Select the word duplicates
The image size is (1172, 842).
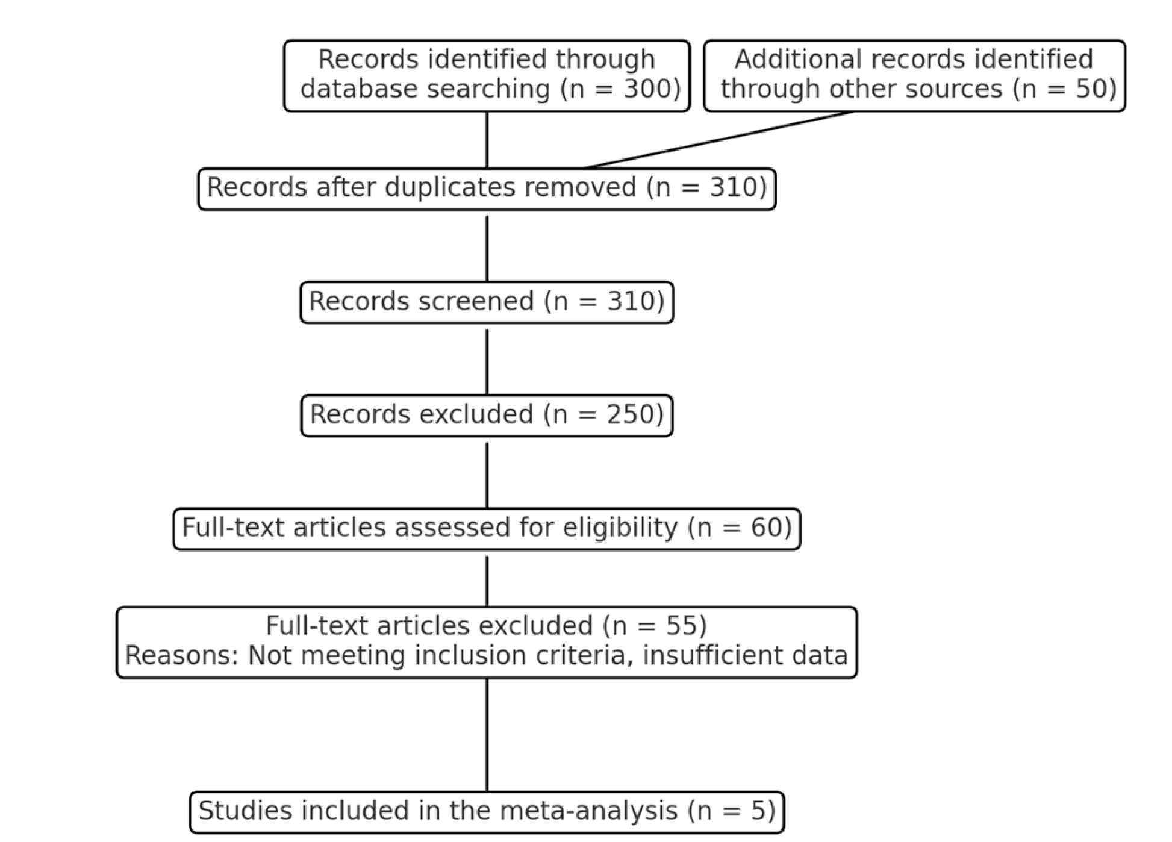click(x=450, y=187)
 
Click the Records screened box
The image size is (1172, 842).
click(x=487, y=302)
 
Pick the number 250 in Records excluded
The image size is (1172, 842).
click(x=631, y=414)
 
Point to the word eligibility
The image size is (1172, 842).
click(x=620, y=528)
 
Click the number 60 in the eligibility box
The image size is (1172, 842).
click(x=765, y=528)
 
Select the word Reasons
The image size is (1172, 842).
click(x=182, y=655)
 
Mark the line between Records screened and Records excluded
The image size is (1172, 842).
click(x=487, y=361)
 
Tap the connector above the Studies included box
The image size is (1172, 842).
click(x=487, y=735)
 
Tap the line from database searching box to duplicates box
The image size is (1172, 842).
click(x=487, y=140)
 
